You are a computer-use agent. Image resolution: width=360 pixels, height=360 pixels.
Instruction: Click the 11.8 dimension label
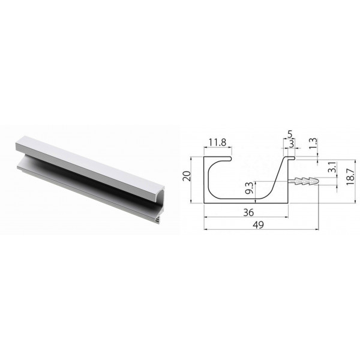217,143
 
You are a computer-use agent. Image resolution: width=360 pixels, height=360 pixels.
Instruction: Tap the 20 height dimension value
187,176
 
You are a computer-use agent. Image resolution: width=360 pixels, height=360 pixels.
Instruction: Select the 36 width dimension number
248,212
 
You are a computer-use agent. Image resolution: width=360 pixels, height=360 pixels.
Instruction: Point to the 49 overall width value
258,225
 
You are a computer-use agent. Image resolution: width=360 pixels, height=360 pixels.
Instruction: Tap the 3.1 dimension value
332,167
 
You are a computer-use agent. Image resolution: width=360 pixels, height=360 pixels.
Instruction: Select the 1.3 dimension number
313,143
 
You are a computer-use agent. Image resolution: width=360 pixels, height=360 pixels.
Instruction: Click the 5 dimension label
290,134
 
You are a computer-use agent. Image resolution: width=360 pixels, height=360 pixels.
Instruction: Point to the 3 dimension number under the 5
292,144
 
